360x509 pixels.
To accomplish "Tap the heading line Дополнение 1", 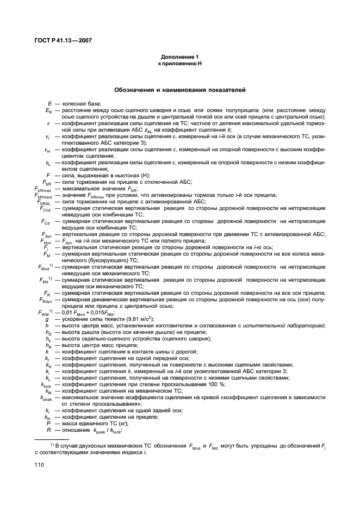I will pyautogui.click(x=179, y=57).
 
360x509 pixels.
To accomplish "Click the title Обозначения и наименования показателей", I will pyautogui.click(x=179, y=88).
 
